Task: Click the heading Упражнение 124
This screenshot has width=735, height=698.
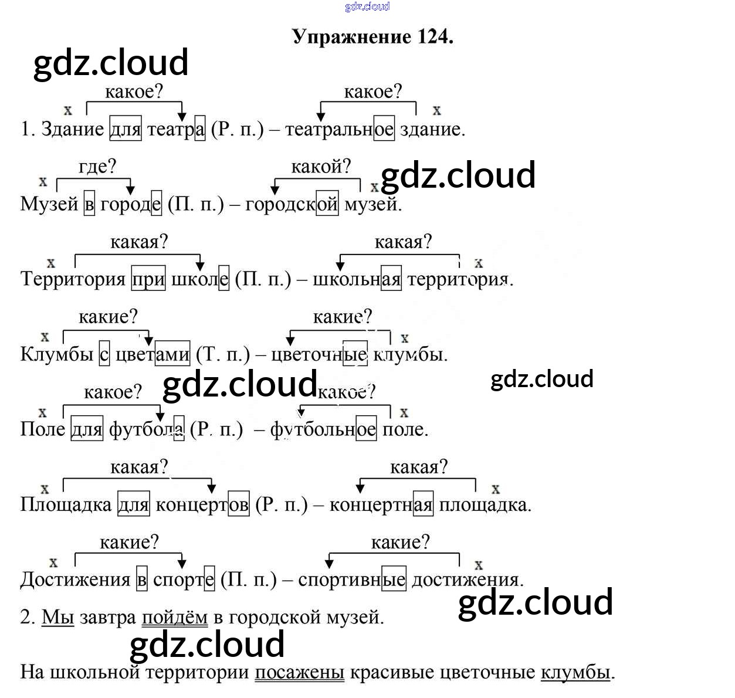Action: tap(372, 37)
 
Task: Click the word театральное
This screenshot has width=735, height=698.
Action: tap(340, 129)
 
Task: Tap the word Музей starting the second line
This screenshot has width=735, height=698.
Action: tap(49, 204)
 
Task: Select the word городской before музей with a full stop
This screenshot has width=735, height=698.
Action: tap(292, 204)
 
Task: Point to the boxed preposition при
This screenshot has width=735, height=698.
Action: tap(148, 279)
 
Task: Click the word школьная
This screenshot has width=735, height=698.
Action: tap(357, 279)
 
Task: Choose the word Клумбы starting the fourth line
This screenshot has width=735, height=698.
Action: tap(56, 354)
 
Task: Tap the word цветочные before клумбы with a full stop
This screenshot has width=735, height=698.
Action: tap(320, 354)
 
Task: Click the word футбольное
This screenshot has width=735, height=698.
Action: tap(323, 429)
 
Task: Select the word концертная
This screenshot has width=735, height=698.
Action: tap(381, 504)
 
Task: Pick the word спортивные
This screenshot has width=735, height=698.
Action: tap(351, 580)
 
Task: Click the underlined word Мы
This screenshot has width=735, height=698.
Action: tap(57, 617)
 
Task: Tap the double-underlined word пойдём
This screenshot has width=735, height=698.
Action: tap(175, 617)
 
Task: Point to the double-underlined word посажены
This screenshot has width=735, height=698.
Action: tap(299, 672)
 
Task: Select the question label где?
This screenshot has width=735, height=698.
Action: tap(97, 167)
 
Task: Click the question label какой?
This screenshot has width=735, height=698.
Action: tap(321, 167)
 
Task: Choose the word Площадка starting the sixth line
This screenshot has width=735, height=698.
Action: tap(66, 504)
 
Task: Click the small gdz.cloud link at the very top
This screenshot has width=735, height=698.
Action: tap(367, 6)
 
